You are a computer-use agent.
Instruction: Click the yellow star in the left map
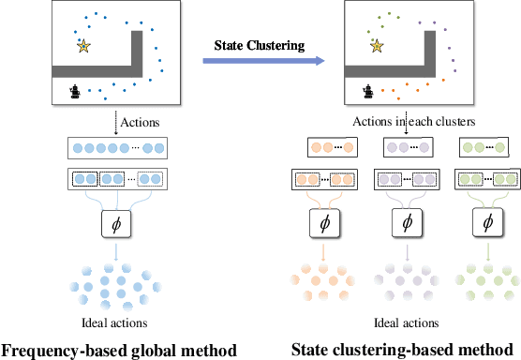pyautogui.click(x=83, y=45)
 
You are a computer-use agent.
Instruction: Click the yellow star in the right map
pyautogui.click(x=377, y=45)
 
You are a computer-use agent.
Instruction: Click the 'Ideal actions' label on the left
pyautogui.click(x=116, y=323)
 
